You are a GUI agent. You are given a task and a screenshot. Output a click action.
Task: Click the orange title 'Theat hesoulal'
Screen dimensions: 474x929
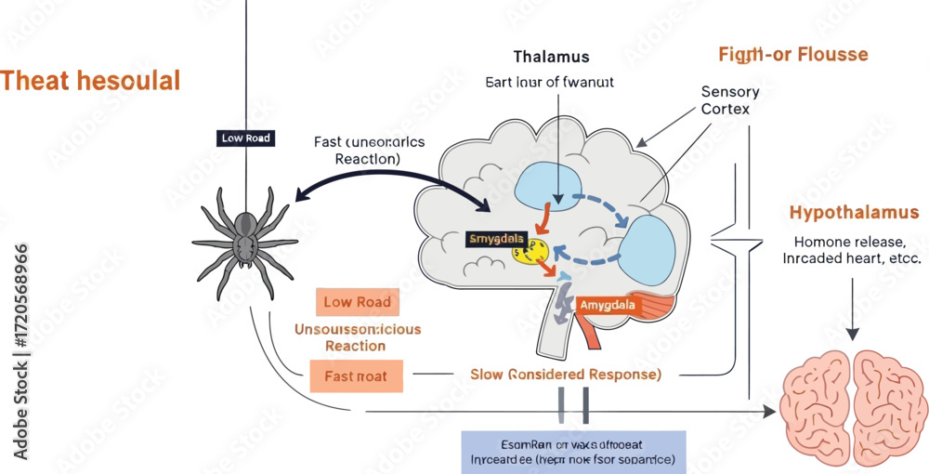(90, 81)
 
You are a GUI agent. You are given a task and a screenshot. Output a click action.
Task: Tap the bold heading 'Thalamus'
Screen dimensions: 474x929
(551, 57)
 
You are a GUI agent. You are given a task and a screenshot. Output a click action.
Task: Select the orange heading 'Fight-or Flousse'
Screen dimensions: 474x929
(792, 54)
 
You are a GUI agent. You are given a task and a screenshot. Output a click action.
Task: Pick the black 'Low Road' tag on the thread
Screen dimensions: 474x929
(246, 138)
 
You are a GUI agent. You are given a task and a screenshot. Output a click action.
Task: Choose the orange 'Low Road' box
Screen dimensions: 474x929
(357, 302)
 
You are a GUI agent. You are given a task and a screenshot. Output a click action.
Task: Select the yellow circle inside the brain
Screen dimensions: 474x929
(530, 252)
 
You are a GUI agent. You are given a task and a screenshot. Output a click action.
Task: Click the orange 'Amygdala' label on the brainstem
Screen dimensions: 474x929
(608, 305)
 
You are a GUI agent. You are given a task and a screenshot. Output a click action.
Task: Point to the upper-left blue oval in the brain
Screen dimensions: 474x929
(547, 183)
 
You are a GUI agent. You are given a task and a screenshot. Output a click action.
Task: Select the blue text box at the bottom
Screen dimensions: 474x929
(573, 452)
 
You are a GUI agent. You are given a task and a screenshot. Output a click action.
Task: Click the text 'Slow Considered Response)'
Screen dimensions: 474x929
(565, 375)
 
